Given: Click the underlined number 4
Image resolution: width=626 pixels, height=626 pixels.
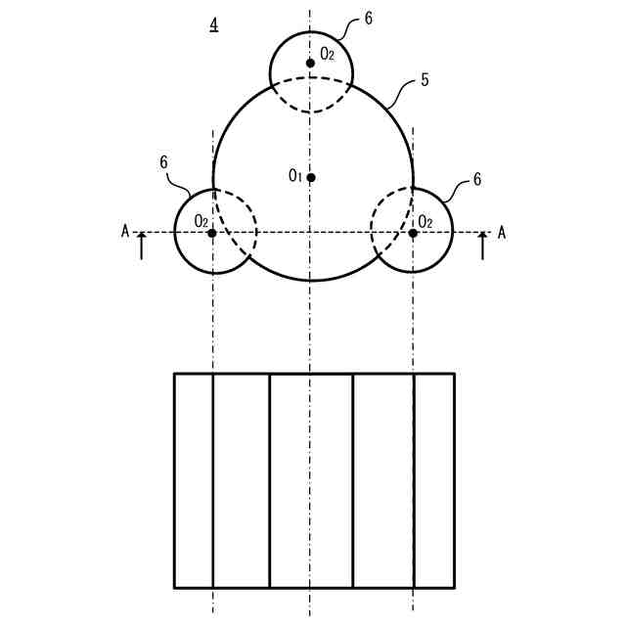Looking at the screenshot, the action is tap(214, 24).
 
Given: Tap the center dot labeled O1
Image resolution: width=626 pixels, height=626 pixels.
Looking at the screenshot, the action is tap(310, 177).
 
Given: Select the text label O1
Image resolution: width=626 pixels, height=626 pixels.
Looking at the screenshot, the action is tap(294, 176).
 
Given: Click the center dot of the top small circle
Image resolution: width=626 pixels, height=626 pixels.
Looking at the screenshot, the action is tap(310, 63).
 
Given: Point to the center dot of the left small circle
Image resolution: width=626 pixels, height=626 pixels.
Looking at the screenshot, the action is tap(212, 233).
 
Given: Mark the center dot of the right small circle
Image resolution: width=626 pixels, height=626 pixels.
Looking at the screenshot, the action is tap(413, 233).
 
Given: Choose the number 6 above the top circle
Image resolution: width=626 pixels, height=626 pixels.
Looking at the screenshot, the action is tap(368, 18).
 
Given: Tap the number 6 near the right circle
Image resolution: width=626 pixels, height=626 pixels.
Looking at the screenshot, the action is tap(476, 180).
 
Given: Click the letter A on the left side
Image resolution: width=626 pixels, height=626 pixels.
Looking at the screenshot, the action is tap(125, 231).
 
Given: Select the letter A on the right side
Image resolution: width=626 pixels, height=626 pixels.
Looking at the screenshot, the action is tap(502, 232).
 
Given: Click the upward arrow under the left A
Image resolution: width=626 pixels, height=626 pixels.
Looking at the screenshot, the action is tap(142, 246).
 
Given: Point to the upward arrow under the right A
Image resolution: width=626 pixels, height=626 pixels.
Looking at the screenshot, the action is tap(482, 246).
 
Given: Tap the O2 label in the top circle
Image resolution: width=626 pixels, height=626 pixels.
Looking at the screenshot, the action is tap(328, 54).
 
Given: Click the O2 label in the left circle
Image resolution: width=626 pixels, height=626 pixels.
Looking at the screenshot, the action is tap(201, 221).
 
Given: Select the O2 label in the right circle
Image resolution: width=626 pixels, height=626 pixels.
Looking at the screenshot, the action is tap(425, 221).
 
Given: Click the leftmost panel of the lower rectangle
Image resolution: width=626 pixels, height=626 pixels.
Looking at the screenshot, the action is tap(194, 480).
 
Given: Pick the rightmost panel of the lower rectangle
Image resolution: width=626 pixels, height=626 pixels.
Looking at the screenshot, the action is tap(434, 480).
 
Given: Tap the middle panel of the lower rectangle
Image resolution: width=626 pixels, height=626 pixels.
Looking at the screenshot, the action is tap(310, 480).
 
